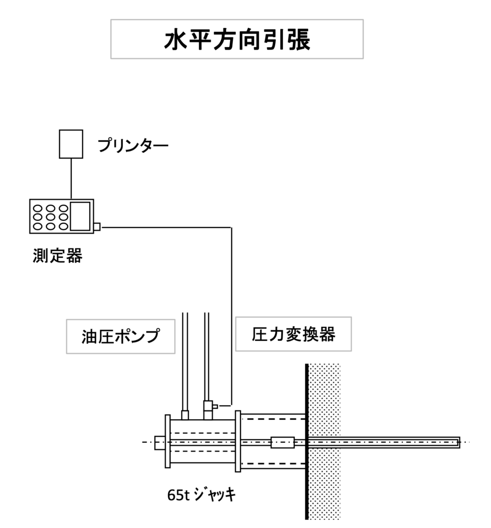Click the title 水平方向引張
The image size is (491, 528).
[237, 40]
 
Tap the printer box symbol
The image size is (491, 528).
[71, 144]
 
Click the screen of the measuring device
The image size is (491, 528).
[80, 216]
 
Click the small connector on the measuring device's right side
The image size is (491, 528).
[97, 226]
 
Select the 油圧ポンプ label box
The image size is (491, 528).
[120, 337]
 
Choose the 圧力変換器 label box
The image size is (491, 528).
[293, 334]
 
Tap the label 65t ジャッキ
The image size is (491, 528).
[201, 494]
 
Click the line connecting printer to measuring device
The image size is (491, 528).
[71, 178]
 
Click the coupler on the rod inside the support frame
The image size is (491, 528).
[282, 442]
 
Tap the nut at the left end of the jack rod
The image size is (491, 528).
[160, 442]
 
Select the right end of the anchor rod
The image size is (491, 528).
[457, 442]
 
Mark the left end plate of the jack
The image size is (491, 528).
[167, 441]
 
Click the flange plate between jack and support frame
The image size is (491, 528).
[237, 441]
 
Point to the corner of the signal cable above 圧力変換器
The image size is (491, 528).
[231, 227]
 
